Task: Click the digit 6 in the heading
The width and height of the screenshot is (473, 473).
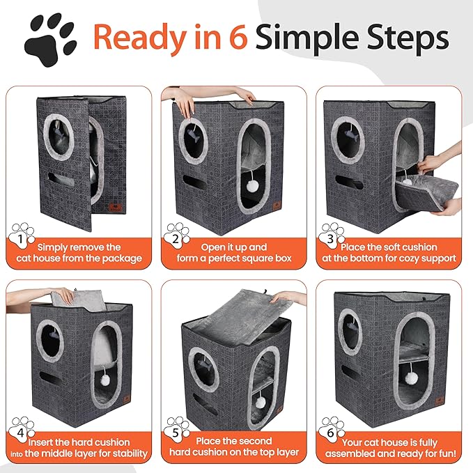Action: pyautogui.click(x=239, y=38)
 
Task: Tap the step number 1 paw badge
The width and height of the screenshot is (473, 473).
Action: pyautogui.click(x=22, y=235)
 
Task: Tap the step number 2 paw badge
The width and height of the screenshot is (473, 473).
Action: pyautogui.click(x=177, y=235)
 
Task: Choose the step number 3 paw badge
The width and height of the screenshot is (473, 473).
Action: pyautogui.click(x=332, y=235)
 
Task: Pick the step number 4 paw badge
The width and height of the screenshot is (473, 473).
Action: pyautogui.click(x=22, y=430)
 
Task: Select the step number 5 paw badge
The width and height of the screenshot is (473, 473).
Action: pyautogui.click(x=177, y=430)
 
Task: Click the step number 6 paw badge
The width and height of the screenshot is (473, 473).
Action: pyautogui.click(x=332, y=430)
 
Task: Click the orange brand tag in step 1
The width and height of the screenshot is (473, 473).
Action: pyautogui.click(x=115, y=207)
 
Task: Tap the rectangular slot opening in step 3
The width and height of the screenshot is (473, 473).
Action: pyautogui.click(x=349, y=183)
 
